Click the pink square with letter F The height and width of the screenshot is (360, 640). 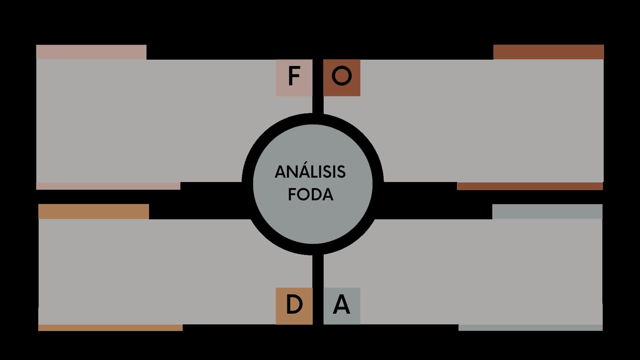[x=294, y=77]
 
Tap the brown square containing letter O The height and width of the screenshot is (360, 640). [x=342, y=77]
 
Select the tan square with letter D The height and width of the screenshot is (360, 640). [x=294, y=306]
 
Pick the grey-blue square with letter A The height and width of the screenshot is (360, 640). [x=342, y=306]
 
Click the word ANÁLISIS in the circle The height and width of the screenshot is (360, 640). [x=310, y=172]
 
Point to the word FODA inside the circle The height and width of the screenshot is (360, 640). [x=311, y=195]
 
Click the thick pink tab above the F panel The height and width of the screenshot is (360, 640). [x=91, y=52]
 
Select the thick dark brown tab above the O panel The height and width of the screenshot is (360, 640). [x=548, y=52]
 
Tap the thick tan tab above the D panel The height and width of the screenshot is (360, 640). [x=94, y=211]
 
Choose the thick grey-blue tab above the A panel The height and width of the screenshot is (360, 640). [x=547, y=211]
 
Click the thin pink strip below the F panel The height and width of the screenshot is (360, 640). [x=108, y=186]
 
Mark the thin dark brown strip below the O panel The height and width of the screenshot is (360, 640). [x=530, y=186]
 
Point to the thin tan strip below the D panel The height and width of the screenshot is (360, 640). [x=110, y=328]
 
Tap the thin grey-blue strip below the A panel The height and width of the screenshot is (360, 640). [x=530, y=328]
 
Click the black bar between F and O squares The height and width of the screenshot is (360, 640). [x=317, y=83]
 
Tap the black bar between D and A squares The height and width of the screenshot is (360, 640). [x=317, y=292]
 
